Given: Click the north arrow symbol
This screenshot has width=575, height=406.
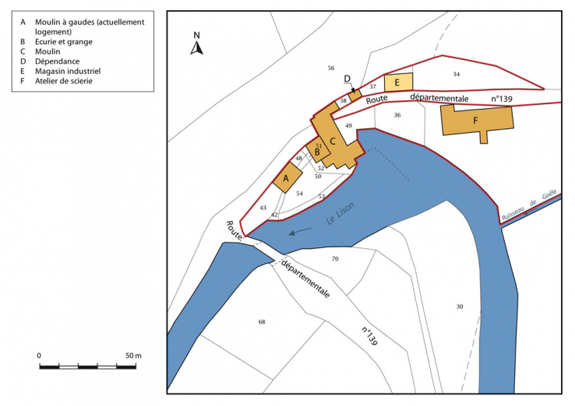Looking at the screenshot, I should coord(197,46).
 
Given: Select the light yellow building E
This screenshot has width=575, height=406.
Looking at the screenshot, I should coord(397,82).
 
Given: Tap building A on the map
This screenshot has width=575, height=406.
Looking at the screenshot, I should coord(286,178).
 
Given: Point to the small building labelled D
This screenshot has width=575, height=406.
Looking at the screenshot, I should coord(355,96).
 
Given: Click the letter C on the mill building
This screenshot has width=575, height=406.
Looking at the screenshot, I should coord(333,141).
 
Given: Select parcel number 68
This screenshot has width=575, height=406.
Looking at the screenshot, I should coord(262,321).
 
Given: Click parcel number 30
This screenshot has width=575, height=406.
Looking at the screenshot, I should coord(460,306).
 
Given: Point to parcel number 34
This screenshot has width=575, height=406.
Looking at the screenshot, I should coord(457,74).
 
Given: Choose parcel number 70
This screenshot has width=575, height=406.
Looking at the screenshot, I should coord(335,258).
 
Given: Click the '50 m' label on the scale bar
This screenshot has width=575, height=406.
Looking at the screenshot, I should coord(133,355).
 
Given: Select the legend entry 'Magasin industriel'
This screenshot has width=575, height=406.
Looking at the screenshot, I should coord(67,71).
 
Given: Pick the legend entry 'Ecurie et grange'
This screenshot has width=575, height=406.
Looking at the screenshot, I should coord(64,41).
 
